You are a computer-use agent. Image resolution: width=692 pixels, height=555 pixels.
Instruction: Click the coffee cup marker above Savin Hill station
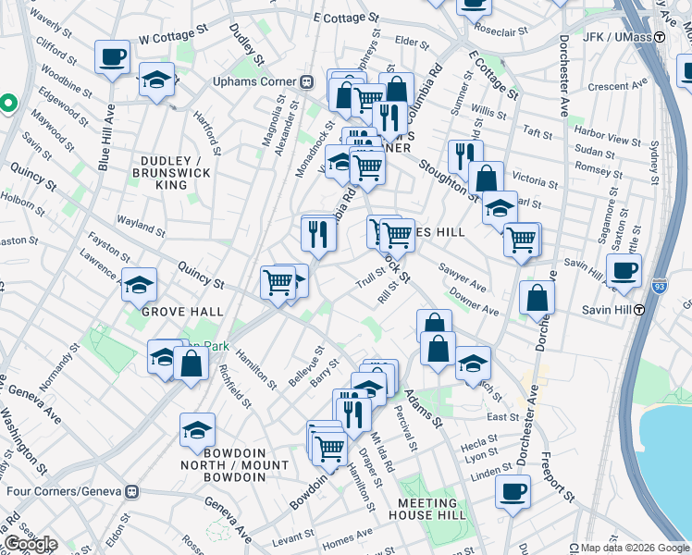(624, 269)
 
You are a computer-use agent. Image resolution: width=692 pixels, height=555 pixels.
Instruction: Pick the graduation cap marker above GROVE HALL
(139, 284)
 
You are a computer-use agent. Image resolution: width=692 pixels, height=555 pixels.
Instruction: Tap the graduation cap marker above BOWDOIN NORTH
(197, 429)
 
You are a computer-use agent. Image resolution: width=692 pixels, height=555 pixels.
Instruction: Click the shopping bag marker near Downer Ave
(537, 299)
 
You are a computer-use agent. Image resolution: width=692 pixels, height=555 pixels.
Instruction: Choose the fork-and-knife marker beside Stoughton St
(464, 154)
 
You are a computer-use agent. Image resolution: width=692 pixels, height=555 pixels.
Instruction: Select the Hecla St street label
(480, 444)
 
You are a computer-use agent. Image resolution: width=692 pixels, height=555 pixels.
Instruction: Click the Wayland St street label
(141, 222)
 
